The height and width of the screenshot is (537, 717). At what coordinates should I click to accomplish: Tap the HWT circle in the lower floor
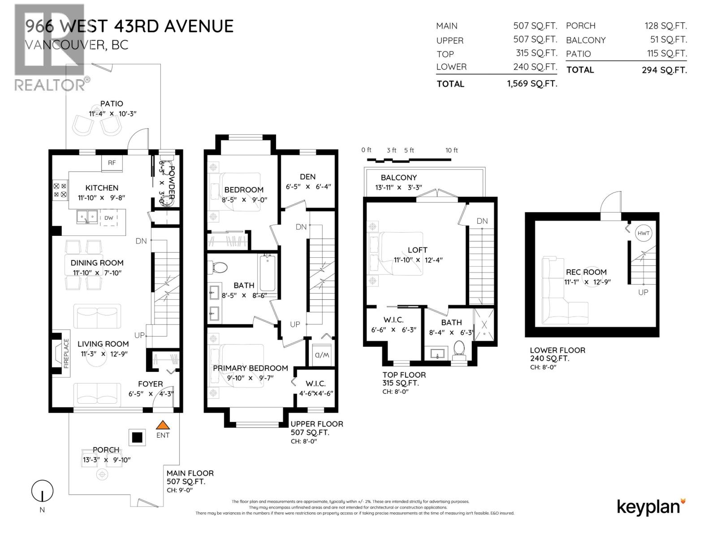[644, 233]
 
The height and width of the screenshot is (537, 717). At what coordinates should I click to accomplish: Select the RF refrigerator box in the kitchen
[112, 163]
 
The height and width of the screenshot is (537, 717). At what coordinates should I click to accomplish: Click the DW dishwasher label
[109, 218]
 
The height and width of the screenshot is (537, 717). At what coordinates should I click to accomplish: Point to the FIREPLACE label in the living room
[66, 353]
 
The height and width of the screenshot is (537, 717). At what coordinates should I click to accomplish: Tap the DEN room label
[307, 177]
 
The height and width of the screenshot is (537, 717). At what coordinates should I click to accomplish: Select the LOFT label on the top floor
[417, 250]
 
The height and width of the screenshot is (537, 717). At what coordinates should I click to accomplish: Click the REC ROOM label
[586, 272]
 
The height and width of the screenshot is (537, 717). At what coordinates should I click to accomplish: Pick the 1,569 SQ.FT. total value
[532, 84]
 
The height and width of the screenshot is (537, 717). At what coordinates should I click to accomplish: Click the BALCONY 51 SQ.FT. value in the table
[668, 40]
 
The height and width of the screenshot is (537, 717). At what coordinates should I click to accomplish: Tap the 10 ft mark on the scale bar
[451, 150]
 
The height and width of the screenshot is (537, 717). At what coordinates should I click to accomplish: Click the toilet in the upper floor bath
[219, 267]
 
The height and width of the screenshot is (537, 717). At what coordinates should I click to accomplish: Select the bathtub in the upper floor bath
[267, 273]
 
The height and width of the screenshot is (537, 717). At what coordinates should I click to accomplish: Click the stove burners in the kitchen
[60, 190]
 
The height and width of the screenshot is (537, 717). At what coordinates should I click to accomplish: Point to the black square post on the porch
[137, 437]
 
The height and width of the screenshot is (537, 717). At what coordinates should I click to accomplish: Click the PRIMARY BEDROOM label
[250, 368]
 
